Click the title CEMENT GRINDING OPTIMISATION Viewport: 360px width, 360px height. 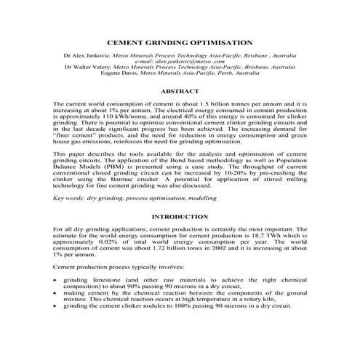(x=179, y=43)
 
